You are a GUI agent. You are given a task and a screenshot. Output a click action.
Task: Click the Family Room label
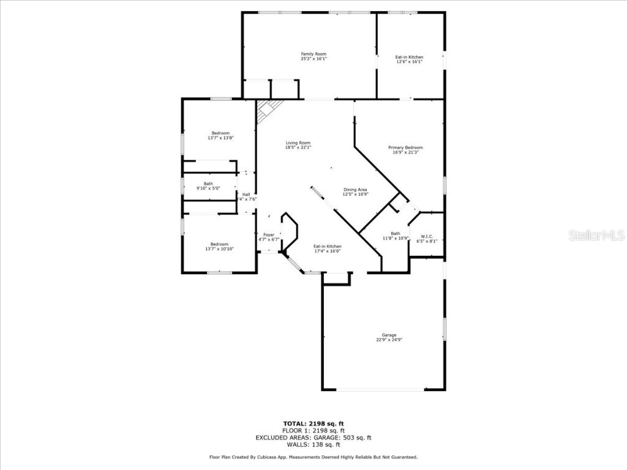tap(313, 54)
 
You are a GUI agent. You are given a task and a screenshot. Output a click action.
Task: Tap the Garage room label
tap(389, 335)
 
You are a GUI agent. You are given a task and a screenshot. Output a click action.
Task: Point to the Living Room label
tap(298, 143)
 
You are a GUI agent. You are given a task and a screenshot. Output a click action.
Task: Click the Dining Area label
tap(355, 190)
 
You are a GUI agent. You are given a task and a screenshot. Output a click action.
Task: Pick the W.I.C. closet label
tap(426, 236)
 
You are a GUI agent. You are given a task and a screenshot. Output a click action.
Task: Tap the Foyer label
tap(269, 234)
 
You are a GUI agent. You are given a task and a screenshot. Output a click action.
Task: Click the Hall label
tap(246, 195)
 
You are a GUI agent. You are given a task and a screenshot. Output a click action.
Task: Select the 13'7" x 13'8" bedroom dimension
tap(220, 138)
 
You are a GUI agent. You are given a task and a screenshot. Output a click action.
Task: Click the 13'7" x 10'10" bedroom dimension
tap(220, 249)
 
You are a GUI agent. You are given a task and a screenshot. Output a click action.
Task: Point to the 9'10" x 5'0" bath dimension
tap(209, 188)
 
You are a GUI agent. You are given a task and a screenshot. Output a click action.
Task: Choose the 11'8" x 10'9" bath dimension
tap(396, 238)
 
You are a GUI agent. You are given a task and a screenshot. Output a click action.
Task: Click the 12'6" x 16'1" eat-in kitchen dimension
tap(409, 62)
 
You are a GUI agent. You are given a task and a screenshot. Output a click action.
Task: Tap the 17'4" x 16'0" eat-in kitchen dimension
tap(327, 251)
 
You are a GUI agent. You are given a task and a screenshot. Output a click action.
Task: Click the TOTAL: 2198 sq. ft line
tap(313, 423)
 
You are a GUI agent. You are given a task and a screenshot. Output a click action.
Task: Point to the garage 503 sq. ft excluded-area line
tap(313, 438)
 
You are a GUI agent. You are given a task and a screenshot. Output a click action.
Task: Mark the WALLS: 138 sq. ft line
tap(313, 445)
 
